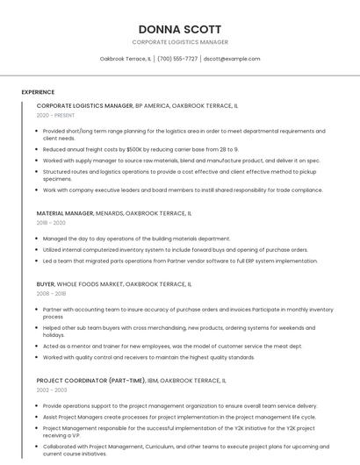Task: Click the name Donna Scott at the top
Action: pos(180,29)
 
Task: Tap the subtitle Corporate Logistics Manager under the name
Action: pos(180,42)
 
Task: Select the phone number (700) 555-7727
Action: pos(177,59)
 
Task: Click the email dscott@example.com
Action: pos(232,59)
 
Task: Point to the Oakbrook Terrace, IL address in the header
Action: pos(125,59)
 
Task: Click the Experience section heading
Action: pos(38,91)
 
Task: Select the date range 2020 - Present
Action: pos(55,115)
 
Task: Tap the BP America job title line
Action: pos(137,105)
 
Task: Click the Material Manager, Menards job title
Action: pos(113,213)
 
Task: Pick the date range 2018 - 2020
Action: pos(52,223)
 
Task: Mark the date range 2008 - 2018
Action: pos(52,294)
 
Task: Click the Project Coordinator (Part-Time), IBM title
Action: pos(131,381)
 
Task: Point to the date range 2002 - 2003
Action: pos(52,390)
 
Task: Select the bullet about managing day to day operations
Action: pos(136,239)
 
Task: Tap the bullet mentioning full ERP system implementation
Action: pos(180,261)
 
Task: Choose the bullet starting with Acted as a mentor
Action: pos(172,347)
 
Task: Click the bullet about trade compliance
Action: pos(183,190)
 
